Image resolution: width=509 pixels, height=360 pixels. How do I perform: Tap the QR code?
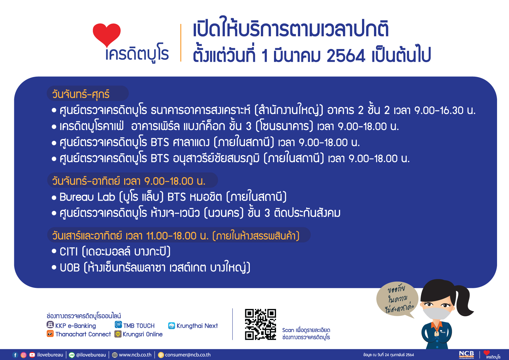coord(260,324)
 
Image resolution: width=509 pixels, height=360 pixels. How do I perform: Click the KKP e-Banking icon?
coord(50,325)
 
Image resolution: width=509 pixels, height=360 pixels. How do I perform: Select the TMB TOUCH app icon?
coord(118,325)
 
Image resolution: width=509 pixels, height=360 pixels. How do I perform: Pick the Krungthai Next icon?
coord(171,326)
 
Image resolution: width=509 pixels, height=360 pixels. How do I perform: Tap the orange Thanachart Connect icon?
coord(50,333)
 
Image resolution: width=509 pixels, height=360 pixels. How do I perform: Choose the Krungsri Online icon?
coord(118,334)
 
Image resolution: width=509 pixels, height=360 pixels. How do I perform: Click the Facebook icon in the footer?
coord(15,355)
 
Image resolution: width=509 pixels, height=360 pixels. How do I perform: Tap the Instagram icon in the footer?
coord(24,355)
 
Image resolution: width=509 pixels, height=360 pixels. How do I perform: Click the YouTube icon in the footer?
coord(32,355)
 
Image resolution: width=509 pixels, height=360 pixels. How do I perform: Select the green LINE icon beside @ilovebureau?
coord(72,355)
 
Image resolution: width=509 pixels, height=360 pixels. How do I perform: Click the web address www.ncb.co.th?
coord(135,355)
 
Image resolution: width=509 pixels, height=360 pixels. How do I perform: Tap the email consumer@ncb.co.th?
coord(188,355)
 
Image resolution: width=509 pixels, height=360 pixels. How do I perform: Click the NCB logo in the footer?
coord(466,355)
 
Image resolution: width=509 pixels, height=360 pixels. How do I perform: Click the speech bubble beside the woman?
coord(397,299)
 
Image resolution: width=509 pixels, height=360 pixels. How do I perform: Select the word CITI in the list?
coord(69,252)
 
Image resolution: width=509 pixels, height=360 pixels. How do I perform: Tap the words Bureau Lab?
coord(87,197)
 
